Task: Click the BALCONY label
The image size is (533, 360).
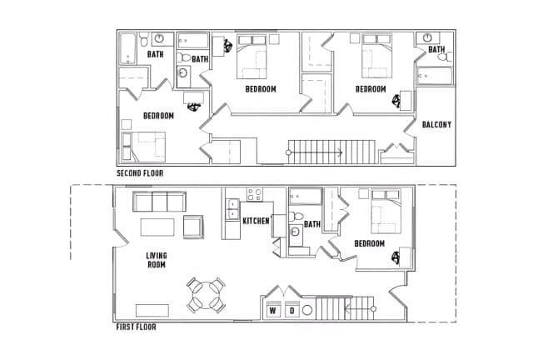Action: coord(436,124)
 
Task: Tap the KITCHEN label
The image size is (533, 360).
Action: coord(256,221)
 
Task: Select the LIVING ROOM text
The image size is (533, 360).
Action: coord(157,260)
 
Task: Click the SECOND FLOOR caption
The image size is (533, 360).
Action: coord(140,173)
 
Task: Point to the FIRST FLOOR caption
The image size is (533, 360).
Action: coord(136,327)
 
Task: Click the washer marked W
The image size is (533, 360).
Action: coord(273,309)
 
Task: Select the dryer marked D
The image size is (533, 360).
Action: coord(292,309)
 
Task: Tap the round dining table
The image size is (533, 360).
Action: coord(206,295)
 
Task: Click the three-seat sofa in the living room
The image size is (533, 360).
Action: coord(159,202)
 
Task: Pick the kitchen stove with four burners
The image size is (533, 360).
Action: coord(254,194)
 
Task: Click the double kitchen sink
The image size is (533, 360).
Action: coord(233,209)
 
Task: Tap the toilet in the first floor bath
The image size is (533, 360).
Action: coord(296,216)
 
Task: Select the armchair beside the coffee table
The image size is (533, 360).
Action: coord(193,227)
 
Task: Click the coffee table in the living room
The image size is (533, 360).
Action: coord(157,227)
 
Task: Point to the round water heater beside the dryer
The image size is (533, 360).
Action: coord(307,310)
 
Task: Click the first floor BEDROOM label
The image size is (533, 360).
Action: coord(370,243)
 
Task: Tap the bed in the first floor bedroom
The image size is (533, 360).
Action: coord(386,212)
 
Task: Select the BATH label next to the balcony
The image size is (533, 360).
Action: coord(436,50)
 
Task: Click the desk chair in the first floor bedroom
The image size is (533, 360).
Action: coord(396,257)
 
